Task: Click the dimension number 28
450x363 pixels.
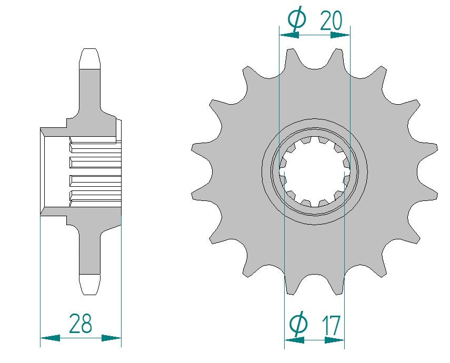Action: tap(81, 323)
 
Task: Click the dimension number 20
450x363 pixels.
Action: tap(331, 21)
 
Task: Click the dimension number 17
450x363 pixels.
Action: tap(331, 326)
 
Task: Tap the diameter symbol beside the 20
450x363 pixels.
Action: tap(297, 18)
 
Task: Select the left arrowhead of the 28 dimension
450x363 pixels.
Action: tap(50, 338)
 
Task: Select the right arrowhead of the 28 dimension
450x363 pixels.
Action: tap(112, 338)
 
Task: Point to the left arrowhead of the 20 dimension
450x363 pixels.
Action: tap(289, 35)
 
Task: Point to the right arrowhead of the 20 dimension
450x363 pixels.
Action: tap(340, 35)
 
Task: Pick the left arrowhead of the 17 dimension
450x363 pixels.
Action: tap(294, 340)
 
